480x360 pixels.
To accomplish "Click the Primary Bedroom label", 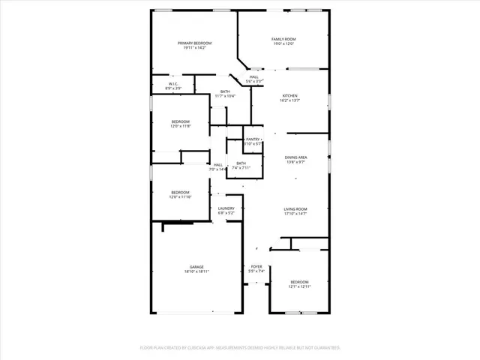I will tap(194, 43).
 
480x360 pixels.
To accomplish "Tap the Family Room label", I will tap(283, 39).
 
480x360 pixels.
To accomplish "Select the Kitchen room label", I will tap(289, 96).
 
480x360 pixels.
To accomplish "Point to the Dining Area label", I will tap(295, 157).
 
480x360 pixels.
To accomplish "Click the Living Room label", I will tap(295, 209).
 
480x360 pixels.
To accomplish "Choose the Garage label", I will tap(196, 267).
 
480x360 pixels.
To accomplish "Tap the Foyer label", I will tap(256, 266).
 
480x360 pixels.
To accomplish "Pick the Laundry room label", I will tap(226, 208).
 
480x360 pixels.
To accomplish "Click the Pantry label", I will tap(253, 139).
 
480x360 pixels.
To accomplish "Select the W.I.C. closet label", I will tap(172, 84).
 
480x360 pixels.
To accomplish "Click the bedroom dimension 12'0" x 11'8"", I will tap(181, 126).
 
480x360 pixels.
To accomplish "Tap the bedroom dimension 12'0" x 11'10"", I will tap(181, 196).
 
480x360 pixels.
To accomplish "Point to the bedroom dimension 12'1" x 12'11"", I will tap(299, 286).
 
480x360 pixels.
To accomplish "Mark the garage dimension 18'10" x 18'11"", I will tap(196, 272).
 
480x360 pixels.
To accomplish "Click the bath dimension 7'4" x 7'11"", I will tap(241, 168).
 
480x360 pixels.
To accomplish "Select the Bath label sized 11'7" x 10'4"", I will tap(225, 91).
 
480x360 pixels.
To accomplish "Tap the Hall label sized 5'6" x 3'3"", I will tap(254, 77).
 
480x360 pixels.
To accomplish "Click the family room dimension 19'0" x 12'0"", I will tap(283, 44).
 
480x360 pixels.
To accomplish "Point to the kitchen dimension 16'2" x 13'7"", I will tap(289, 101).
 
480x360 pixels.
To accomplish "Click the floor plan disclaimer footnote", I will tap(240, 348).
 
